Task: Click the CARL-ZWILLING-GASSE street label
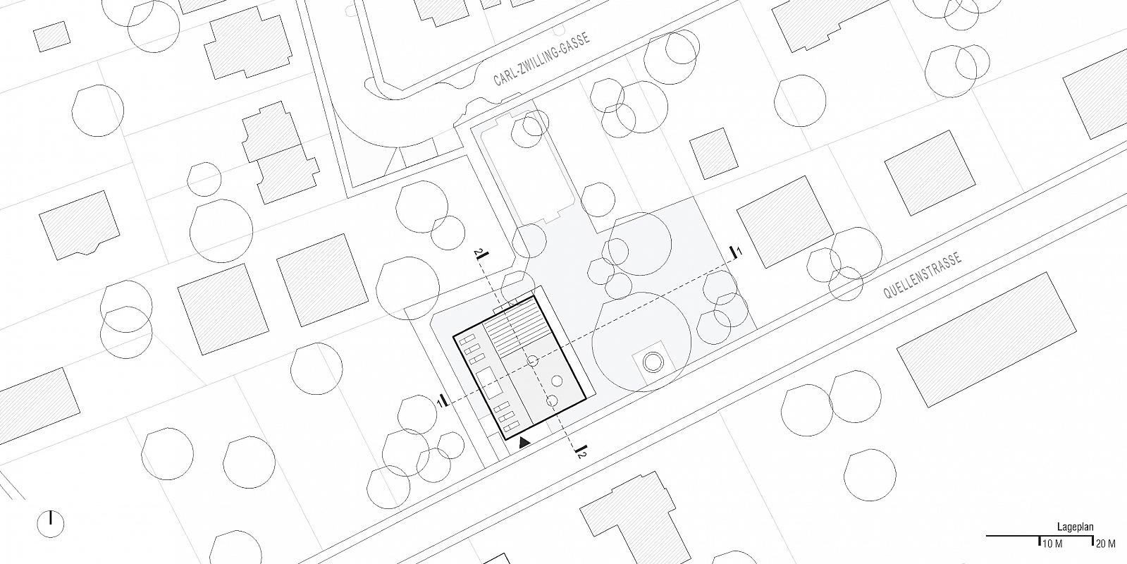pyautogui.click(x=541, y=59)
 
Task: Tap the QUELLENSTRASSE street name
pyautogui.click(x=923, y=275)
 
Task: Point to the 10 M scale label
pyautogui.click(x=1052, y=544)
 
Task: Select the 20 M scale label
pyautogui.click(x=1106, y=544)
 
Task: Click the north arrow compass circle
pyautogui.click(x=51, y=524)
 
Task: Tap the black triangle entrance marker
pyautogui.click(x=524, y=442)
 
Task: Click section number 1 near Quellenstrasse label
pyautogui.click(x=739, y=250)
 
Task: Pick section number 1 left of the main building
pyautogui.click(x=439, y=403)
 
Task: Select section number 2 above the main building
pyautogui.click(x=477, y=252)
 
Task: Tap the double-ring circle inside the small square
pyautogui.click(x=653, y=362)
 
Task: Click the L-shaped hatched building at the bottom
pyautogui.click(x=635, y=519)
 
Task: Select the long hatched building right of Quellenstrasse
pyautogui.click(x=987, y=340)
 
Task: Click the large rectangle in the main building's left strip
pyautogui.click(x=489, y=382)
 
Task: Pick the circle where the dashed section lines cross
pyautogui.click(x=532, y=361)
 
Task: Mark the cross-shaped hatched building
pyautogui.click(x=281, y=152)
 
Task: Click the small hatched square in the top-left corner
pyautogui.click(x=52, y=36)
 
